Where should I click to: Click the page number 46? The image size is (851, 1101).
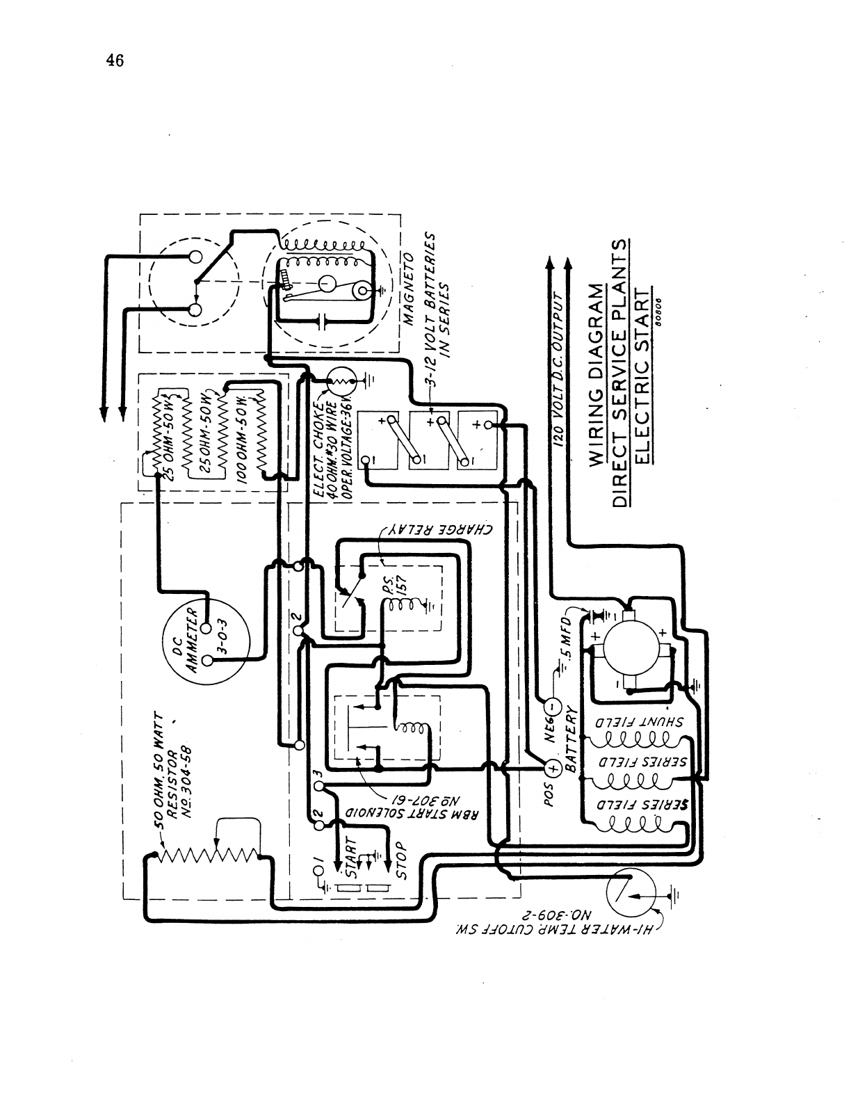click(x=115, y=61)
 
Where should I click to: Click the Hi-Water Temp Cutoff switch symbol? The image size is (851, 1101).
click(x=629, y=894)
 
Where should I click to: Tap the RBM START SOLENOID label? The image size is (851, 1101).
click(x=414, y=813)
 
